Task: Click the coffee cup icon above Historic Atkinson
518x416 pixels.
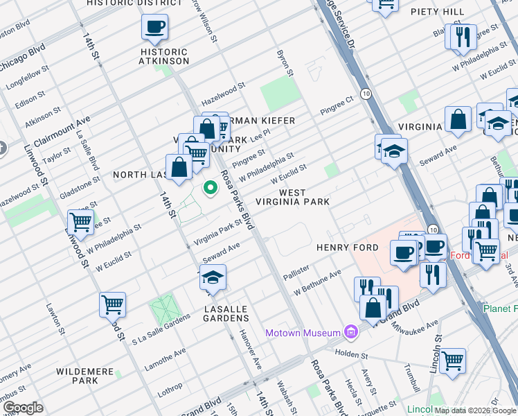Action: tap(154, 28)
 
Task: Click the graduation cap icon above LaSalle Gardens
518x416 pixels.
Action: tap(213, 279)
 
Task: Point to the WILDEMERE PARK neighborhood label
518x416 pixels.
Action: tap(85, 376)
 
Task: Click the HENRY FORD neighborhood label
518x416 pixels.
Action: tap(347, 248)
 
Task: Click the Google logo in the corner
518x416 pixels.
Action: tap(22, 408)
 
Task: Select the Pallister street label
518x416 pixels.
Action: tap(296, 272)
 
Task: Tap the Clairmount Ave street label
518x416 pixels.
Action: tap(61, 129)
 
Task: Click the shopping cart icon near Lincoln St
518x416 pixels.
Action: tap(452, 360)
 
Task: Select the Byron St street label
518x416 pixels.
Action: tap(283, 63)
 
